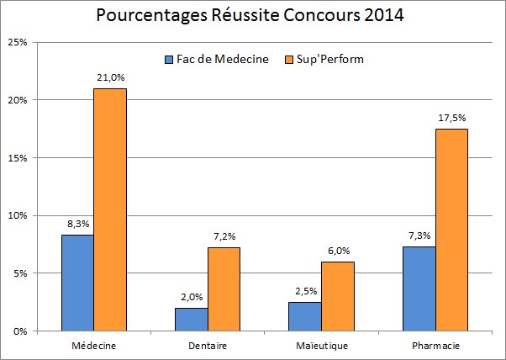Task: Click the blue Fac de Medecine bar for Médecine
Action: coord(77,283)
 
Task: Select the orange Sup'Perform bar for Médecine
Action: coord(110,209)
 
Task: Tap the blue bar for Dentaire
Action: coord(191,319)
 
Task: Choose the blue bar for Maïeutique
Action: coord(304,316)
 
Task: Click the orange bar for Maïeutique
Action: coord(337,296)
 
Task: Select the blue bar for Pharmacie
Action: coord(418,289)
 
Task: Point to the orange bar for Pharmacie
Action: coord(451,230)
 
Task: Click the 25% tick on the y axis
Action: coord(19,42)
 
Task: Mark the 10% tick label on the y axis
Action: coord(19,215)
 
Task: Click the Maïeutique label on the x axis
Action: coord(320,346)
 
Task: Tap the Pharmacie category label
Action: coord(434,346)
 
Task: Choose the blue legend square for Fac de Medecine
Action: coord(168,60)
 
